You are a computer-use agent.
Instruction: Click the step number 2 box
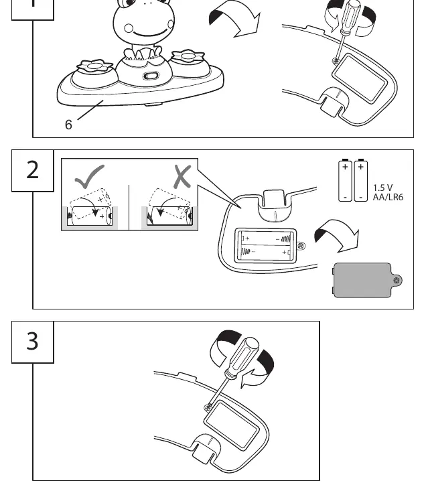pos(33,170)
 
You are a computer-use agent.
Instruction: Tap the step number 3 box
pos(33,342)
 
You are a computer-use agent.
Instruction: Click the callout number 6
pos(68,125)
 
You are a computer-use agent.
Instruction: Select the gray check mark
pos(90,176)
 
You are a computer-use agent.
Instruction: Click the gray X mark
pos(182,177)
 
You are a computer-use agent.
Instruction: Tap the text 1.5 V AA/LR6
pos(388,192)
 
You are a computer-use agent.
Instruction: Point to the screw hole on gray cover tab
pos(397,281)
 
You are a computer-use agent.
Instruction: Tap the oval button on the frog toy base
pos(151,76)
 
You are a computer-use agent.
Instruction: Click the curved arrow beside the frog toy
pos(235,18)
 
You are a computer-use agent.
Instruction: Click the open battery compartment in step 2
pos(266,246)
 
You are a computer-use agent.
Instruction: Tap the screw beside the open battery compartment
pos(301,246)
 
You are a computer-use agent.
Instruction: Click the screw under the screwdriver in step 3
pos(208,408)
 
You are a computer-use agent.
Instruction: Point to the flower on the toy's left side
pos(94,66)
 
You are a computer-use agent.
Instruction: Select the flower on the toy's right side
pos(188,56)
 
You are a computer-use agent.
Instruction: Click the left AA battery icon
pos(345,180)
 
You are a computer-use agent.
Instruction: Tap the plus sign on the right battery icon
pos(361,167)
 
